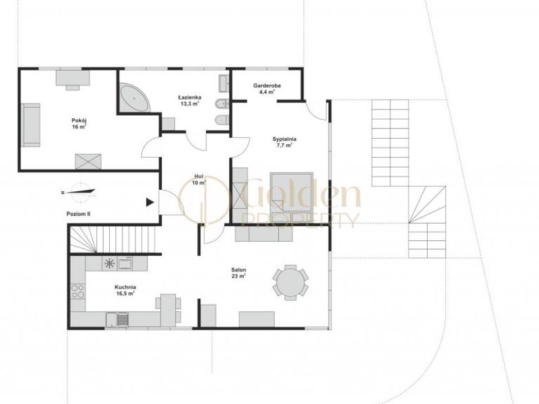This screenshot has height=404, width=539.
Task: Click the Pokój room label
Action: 79,124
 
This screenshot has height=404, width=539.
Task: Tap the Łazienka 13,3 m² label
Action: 189,100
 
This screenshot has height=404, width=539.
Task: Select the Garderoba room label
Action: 267,89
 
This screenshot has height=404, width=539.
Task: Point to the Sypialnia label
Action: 284,142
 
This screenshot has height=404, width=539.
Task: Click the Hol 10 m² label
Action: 199,180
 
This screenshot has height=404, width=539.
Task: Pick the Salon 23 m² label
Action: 239,273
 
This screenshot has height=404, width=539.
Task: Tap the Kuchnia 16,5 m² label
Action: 125,290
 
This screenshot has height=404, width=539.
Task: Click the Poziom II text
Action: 78,213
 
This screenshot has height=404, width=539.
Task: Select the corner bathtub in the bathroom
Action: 135,97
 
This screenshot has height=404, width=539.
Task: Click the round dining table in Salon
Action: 290,283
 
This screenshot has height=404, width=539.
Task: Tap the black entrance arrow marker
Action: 150,203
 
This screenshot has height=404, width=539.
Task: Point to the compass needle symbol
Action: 78,192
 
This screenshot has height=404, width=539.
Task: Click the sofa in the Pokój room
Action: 30,125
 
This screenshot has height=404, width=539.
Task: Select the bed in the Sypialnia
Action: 292,197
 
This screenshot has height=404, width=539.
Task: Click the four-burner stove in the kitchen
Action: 77,291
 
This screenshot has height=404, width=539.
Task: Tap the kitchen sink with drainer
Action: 117,319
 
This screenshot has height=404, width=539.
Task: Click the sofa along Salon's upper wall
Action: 264,233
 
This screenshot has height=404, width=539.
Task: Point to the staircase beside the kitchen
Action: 113,240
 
